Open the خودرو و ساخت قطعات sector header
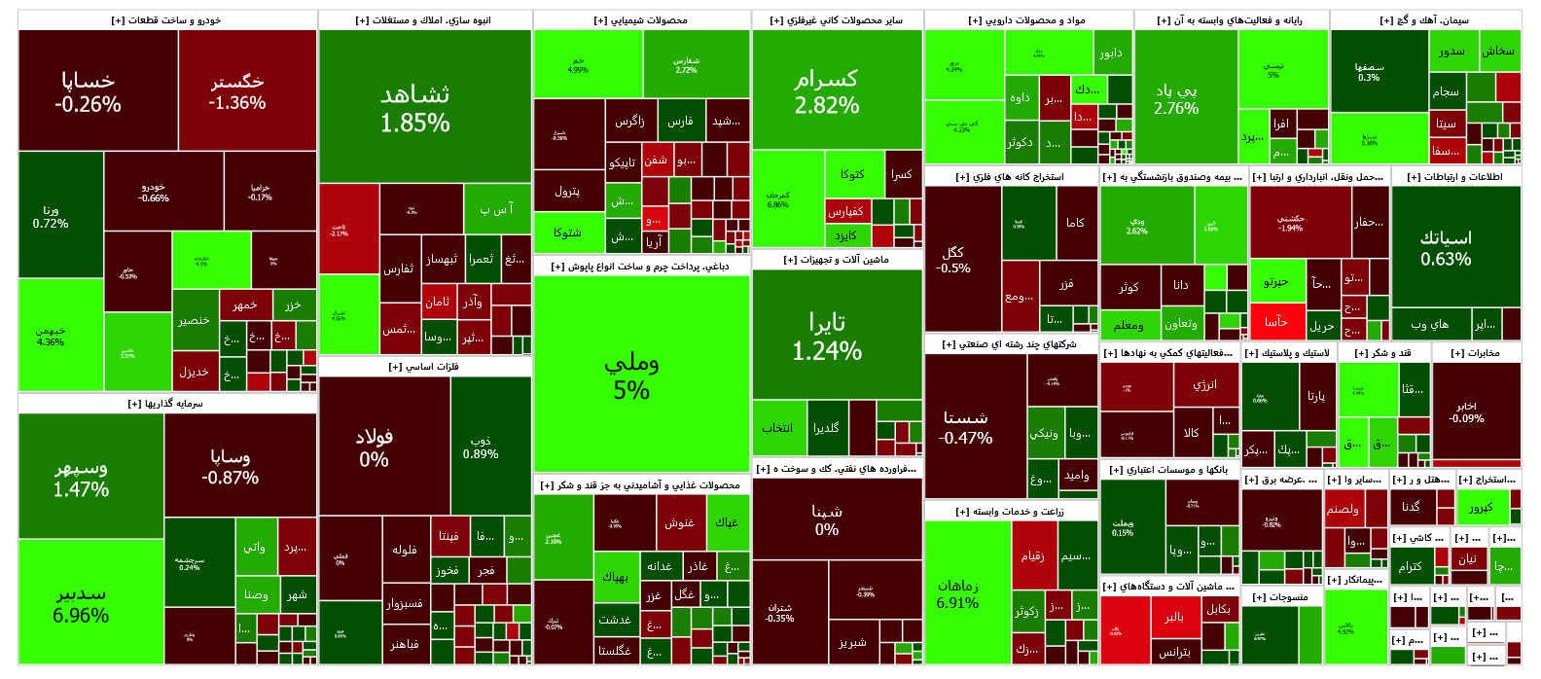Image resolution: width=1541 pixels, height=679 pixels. (167, 20)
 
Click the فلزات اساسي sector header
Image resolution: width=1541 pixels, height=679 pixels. (424, 367)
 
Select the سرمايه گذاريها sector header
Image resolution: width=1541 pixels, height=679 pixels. (166, 404)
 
